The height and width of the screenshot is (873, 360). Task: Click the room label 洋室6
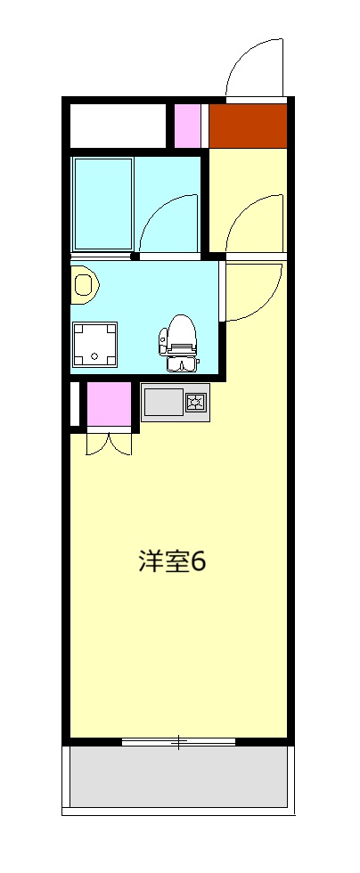pos(172,562)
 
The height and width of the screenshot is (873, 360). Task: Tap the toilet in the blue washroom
pos(181,342)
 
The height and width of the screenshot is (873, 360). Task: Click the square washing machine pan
pos(94,343)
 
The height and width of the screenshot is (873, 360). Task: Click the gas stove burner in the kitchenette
pos(195,403)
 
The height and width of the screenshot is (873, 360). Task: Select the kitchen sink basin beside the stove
pos(164,403)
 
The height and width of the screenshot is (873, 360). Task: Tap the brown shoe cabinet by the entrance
pos(248,126)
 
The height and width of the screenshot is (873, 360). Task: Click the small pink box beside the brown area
pos(187,126)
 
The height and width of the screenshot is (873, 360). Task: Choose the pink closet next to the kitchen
pos(109,405)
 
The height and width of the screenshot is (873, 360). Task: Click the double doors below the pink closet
pos(109,443)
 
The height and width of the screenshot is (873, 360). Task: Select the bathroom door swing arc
pos(169,223)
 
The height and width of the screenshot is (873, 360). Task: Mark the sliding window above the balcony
pos(178,741)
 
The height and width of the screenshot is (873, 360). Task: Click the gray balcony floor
pos(178,777)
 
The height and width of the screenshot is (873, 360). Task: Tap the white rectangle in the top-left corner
pos(118,126)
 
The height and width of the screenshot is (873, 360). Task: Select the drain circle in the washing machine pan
pos(94,356)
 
